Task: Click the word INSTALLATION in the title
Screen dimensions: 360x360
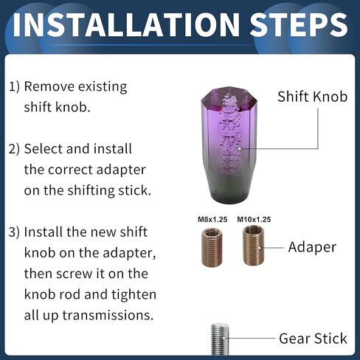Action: (x=126, y=25)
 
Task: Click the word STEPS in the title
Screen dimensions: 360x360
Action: (x=299, y=25)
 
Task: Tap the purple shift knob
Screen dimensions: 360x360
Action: (x=229, y=145)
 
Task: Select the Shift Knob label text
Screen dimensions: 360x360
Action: (x=312, y=97)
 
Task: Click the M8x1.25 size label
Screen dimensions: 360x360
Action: (x=212, y=219)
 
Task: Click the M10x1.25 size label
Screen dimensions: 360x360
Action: (x=254, y=219)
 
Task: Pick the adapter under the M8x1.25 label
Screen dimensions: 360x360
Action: (x=212, y=247)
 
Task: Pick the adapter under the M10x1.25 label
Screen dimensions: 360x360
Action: (x=254, y=246)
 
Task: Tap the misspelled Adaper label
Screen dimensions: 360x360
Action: (x=312, y=247)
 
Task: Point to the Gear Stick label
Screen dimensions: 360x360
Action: (x=313, y=339)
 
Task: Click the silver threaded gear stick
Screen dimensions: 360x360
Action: (x=220, y=339)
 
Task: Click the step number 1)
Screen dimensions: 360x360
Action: (x=14, y=87)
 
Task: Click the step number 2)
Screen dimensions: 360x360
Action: (x=14, y=149)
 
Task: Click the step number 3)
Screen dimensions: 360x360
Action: (x=14, y=232)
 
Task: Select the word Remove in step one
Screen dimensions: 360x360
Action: (x=49, y=87)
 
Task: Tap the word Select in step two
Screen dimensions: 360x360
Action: (x=44, y=149)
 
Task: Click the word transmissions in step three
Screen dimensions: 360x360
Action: (x=108, y=315)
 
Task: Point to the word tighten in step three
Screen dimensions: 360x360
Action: (x=134, y=295)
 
